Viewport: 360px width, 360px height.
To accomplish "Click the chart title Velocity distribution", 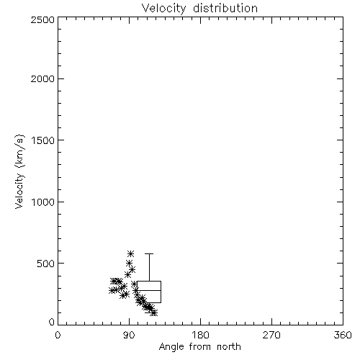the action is tap(199, 9).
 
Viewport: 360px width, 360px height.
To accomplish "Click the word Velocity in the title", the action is tap(164, 9).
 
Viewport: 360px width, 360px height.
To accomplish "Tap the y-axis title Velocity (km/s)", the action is tap(19, 171).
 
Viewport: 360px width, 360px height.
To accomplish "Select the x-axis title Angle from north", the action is tap(199, 347).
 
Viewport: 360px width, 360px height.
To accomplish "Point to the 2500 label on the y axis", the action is tap(42, 19).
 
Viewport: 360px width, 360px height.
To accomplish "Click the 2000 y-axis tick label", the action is tap(42, 78).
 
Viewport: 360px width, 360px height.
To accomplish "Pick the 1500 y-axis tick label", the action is tap(43, 140).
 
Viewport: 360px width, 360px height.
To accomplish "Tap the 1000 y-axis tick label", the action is tap(43, 202).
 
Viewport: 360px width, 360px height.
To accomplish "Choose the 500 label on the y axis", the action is tap(46, 264).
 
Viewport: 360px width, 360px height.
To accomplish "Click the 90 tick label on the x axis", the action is tap(129, 335).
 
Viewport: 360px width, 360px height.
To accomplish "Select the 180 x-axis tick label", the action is tap(200, 335).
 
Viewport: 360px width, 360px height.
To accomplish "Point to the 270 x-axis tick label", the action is tap(271, 335).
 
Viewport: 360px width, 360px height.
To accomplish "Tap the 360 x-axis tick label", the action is tap(343, 335).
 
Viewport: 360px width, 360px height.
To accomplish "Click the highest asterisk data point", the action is tap(131, 253).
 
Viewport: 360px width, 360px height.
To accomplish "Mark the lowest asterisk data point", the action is tap(155, 312).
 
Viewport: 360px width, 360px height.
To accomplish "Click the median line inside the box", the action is tap(149, 290).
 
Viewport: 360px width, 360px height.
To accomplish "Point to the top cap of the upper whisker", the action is tap(149, 253).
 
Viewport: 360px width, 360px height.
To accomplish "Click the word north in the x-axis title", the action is tap(229, 347).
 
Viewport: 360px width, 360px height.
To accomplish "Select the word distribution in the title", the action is tap(225, 8).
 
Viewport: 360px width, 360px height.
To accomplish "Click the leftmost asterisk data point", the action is tap(112, 290).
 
